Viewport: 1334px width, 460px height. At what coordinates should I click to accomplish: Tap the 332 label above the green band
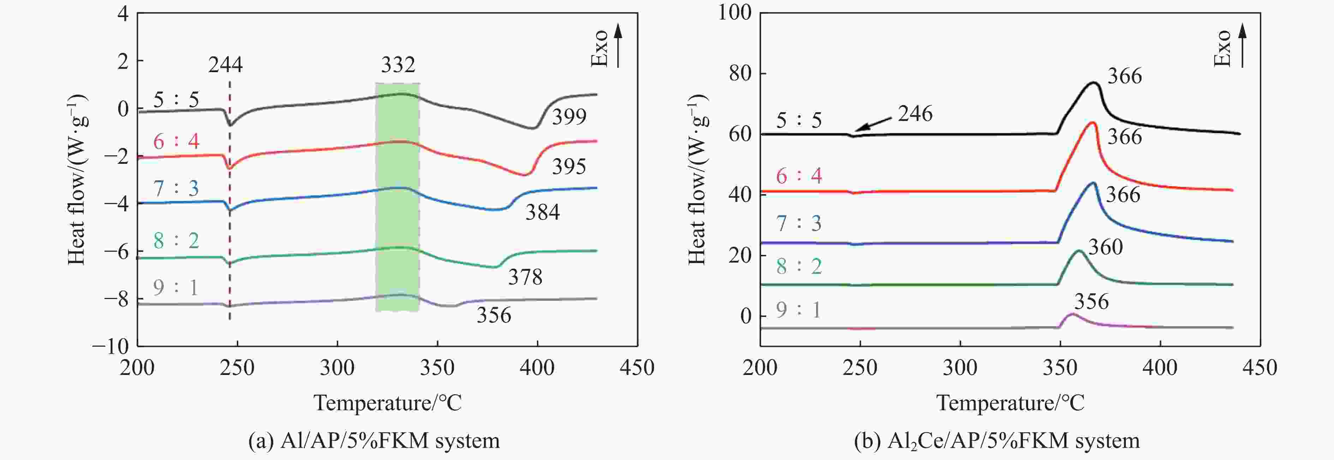pyautogui.click(x=398, y=65)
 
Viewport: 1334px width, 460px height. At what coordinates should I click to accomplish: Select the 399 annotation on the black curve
pyautogui.click(x=569, y=118)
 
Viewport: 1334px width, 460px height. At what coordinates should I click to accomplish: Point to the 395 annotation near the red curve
pyautogui.click(x=569, y=167)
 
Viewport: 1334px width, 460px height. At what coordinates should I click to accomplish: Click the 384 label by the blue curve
pyautogui.click(x=542, y=213)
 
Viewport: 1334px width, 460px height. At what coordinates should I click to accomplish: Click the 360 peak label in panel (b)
pyautogui.click(x=1105, y=247)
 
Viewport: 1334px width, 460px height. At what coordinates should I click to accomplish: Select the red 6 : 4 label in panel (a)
pyautogui.click(x=176, y=141)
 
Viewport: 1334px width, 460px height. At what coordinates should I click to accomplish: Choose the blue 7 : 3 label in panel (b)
pyautogui.click(x=798, y=223)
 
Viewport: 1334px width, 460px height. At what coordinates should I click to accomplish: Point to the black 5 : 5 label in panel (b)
pyautogui.click(x=798, y=121)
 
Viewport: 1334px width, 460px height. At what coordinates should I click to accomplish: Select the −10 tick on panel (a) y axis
pyautogui.click(x=111, y=346)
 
